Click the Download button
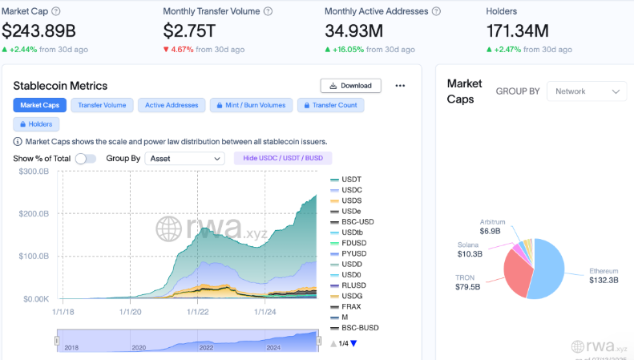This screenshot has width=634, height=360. [350, 86]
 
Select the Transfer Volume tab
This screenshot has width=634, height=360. [103, 105]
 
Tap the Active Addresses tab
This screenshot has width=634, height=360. [171, 105]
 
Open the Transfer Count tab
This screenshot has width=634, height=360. [330, 105]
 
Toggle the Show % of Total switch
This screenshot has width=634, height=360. [86, 159]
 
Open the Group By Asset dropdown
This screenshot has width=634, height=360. [185, 159]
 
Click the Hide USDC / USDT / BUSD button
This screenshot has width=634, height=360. [282, 159]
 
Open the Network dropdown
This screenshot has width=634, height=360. [586, 91]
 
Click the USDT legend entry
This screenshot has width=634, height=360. [351, 179]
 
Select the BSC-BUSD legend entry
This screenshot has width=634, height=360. [360, 328]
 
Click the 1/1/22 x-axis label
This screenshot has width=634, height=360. [197, 312]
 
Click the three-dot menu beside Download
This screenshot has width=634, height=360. [401, 86]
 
